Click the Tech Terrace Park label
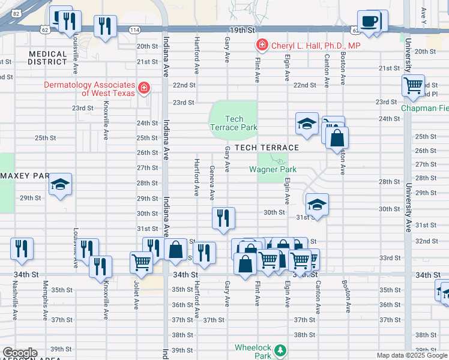click(x=234, y=123)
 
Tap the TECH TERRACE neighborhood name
click(x=267, y=148)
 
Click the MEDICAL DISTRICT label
click(x=48, y=58)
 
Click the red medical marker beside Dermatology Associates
click(x=143, y=89)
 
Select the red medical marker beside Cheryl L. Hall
click(x=261, y=45)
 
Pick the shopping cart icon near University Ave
click(x=413, y=86)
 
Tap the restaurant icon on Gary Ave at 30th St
click(x=223, y=217)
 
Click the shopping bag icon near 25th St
click(x=337, y=138)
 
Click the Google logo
click(x=19, y=353)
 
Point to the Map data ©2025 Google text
click(x=411, y=355)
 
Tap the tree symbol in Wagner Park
click(x=278, y=160)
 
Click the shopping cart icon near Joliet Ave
click(x=141, y=262)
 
